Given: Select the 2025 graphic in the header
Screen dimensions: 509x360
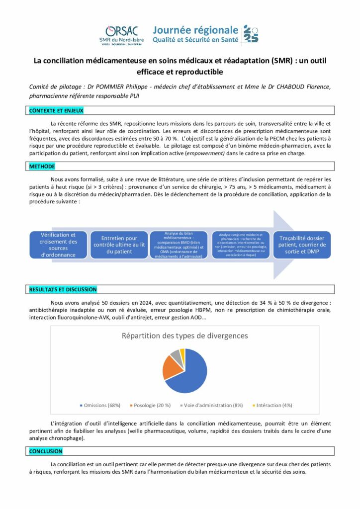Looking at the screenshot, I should pos(251,33).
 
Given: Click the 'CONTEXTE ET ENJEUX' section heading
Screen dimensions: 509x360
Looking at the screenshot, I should pos(57,110).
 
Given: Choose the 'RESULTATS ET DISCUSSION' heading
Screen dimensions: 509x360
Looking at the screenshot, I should pos(63,289).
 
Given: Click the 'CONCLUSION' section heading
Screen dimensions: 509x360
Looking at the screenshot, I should pos(46,451).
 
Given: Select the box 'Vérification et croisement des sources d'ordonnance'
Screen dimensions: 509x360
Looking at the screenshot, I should pos(58,245).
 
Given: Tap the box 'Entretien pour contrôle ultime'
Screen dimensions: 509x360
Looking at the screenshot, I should pos(119,245).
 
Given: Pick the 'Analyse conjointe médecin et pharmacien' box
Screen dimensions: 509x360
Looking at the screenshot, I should pos(241,245).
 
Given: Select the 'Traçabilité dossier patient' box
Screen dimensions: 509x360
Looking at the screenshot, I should pos(302,245).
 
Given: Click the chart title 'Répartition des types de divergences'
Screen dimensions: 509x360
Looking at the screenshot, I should pos(184,336).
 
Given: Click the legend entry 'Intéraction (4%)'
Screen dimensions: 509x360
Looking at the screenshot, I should pos(273,405).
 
